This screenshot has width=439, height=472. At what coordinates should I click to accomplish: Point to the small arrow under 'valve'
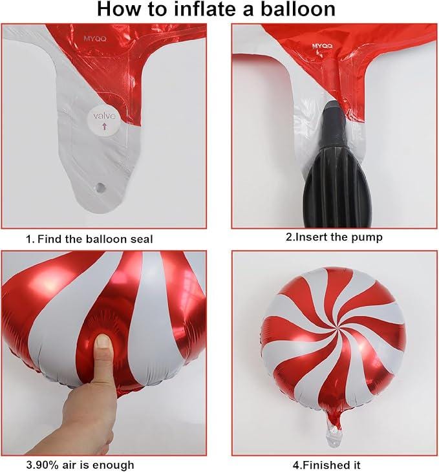[105, 127]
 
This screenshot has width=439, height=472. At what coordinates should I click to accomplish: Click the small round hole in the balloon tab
[99, 188]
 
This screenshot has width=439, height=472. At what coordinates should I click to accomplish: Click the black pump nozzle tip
[332, 113]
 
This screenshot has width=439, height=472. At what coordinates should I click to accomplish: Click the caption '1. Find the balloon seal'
[89, 239]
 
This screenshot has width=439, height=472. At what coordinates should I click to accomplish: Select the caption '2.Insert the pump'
[334, 237]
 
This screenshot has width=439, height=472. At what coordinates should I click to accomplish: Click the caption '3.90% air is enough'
[80, 464]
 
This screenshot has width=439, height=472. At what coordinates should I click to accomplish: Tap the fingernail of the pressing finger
[103, 341]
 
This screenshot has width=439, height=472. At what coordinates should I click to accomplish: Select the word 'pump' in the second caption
[369, 237]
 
